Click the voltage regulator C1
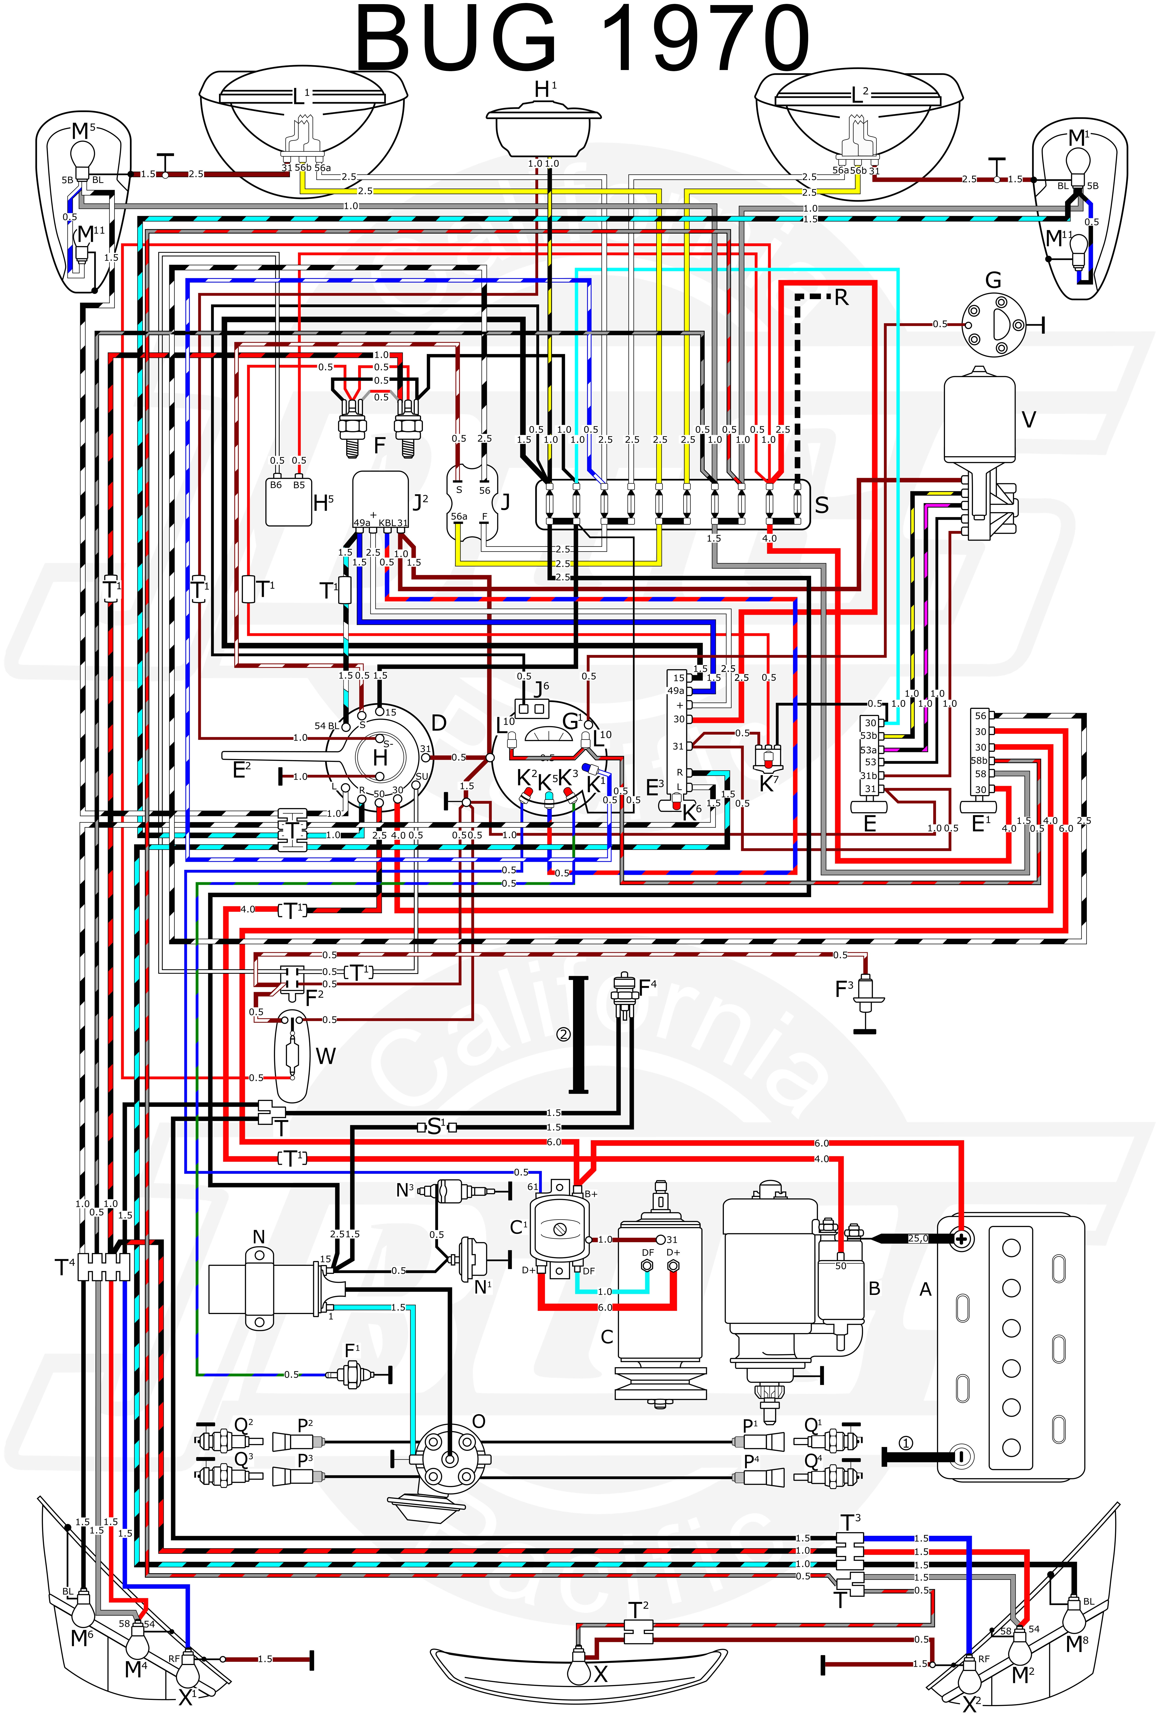559,1229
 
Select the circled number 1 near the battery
905,1443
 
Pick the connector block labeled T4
103,1266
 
